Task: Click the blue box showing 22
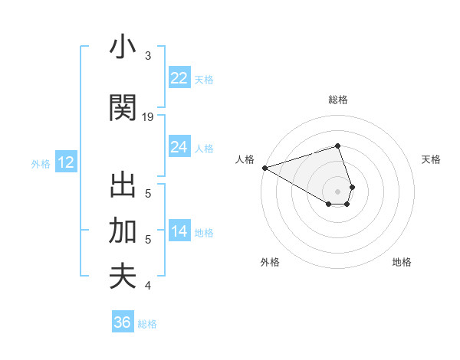(179, 78)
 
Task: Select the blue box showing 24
(179, 147)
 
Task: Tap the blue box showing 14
(179, 231)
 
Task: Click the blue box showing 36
(122, 322)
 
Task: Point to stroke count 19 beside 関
(148, 116)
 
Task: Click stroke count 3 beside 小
(148, 56)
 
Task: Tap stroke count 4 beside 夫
(148, 286)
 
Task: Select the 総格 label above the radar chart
(337, 100)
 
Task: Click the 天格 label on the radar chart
(431, 159)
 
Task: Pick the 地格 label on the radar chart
(402, 262)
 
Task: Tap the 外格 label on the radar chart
(270, 262)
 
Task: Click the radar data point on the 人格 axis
(264, 168)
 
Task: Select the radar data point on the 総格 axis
(337, 146)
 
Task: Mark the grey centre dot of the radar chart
(337, 191)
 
